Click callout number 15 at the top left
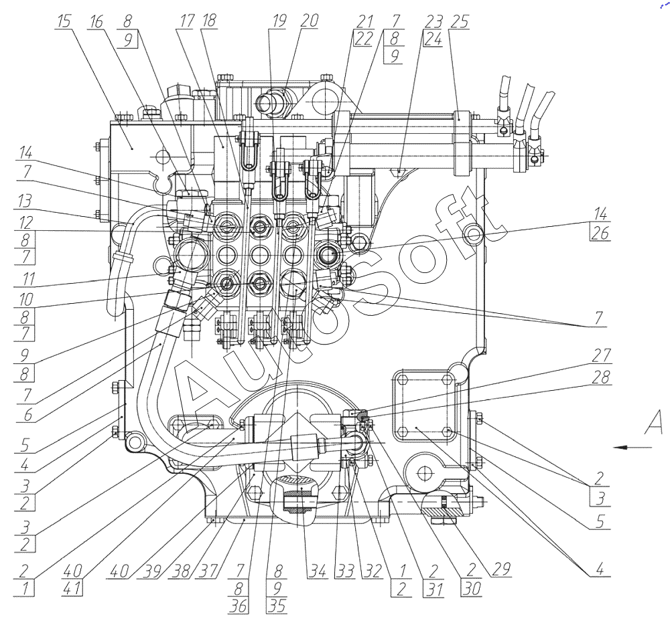(64, 21)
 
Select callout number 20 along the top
(309, 21)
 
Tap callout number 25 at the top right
(460, 21)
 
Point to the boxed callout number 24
(433, 38)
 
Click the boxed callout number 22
(364, 38)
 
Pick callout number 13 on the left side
(24, 200)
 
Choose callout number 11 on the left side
(27, 278)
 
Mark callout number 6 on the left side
(27, 414)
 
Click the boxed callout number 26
(600, 233)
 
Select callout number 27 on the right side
(601, 355)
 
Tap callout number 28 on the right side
(601, 377)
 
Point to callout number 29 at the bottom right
(502, 569)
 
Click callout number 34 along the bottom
(318, 571)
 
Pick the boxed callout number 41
(72, 588)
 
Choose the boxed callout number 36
(238, 606)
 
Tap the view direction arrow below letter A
(633, 447)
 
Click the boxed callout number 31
(435, 589)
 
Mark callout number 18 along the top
(209, 21)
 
